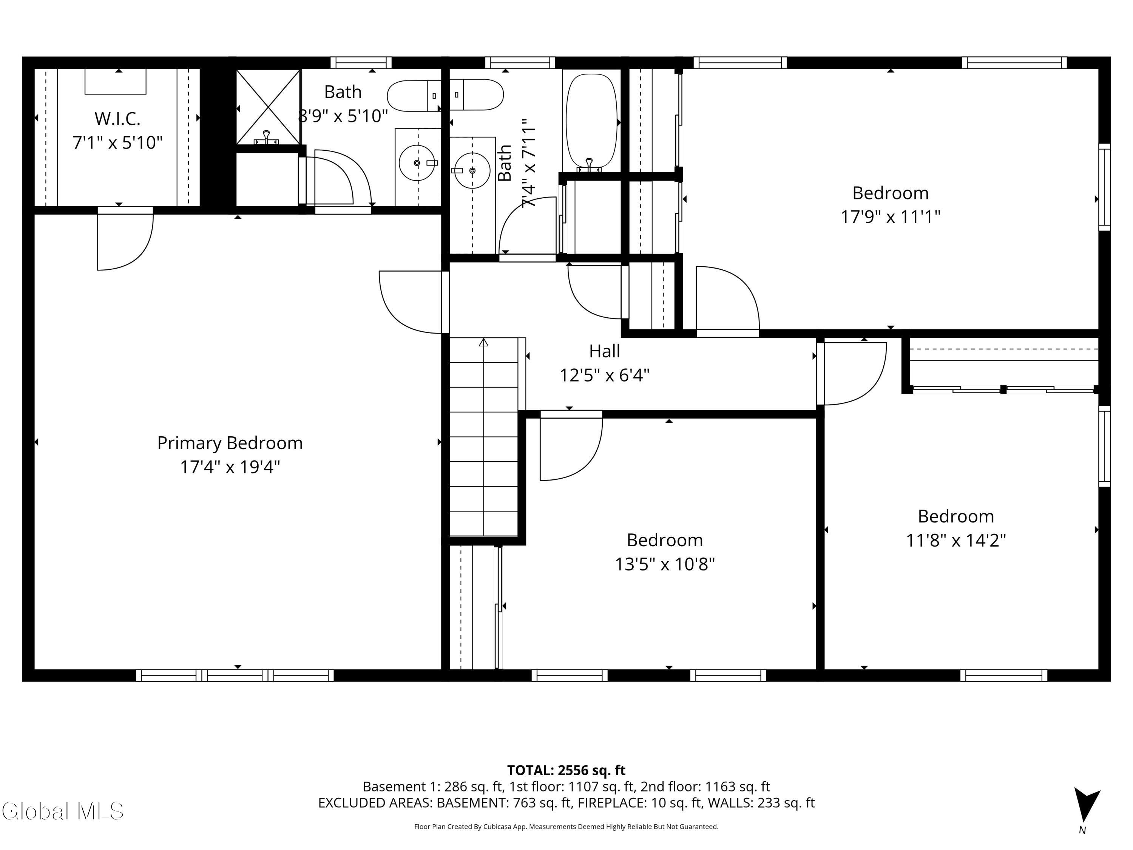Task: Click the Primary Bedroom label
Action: point(230,443)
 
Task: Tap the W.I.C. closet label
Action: point(117,119)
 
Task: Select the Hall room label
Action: point(604,351)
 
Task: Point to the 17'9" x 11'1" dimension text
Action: point(890,217)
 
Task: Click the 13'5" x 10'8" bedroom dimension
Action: point(665,564)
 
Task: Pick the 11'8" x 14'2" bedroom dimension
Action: point(956,540)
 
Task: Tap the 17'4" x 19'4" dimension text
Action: point(230,467)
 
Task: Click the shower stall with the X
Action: point(268,107)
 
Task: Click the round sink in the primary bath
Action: point(417,163)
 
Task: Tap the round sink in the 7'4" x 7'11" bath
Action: point(472,170)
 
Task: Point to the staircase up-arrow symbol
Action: point(483,342)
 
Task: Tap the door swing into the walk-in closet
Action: point(125,239)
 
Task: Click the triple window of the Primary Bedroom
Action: point(235,675)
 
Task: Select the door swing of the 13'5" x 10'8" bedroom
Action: point(571,446)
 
